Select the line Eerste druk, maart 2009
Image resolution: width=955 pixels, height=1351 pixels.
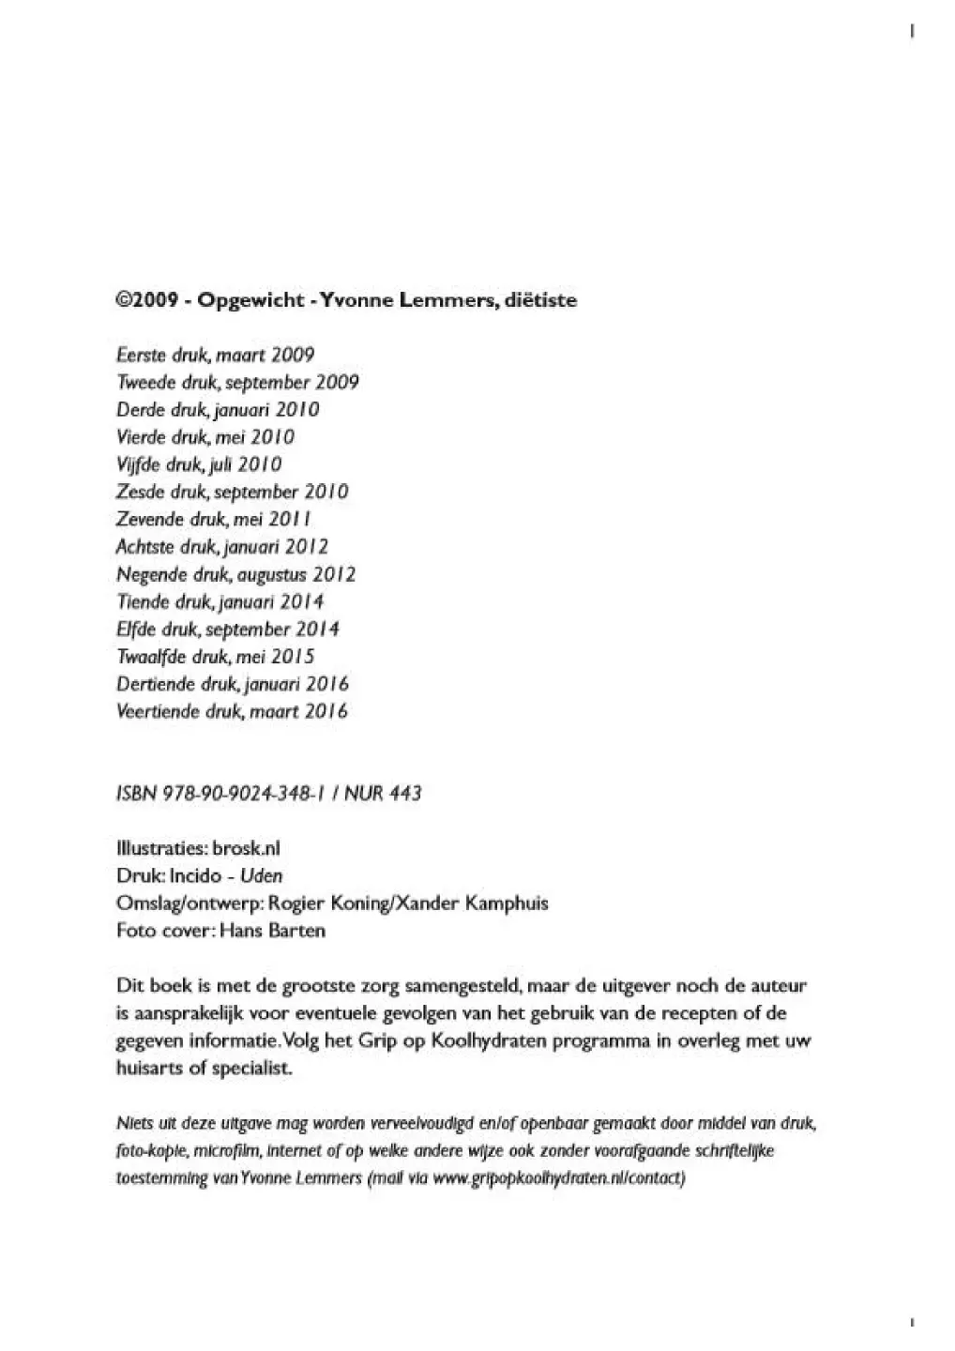coord(215,355)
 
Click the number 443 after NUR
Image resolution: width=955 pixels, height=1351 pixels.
coord(404,794)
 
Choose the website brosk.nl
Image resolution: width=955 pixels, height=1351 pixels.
coord(247,848)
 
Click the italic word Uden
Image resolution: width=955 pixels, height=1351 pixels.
coord(262,876)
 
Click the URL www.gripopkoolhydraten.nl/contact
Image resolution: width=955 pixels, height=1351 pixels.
coord(559,1178)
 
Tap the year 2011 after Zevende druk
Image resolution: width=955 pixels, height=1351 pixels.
coord(290,519)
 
